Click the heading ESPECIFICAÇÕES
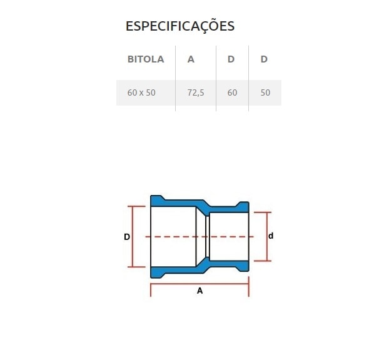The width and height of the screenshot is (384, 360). pos(180,26)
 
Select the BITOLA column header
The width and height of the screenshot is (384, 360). pos(146,59)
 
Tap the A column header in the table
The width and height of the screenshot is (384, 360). pos(191,59)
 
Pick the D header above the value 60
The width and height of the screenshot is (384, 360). pos(231,59)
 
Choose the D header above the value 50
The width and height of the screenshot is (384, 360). pos(264,59)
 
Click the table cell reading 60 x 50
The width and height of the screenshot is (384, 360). pos(141,92)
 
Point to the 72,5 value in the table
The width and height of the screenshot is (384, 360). pos(196,92)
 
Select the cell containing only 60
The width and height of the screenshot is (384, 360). pos(233,92)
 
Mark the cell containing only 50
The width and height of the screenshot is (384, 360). pos(265,92)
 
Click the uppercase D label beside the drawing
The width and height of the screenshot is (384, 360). pos(126,237)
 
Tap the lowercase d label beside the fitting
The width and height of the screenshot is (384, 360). pos(271,236)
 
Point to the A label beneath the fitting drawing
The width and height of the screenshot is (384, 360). pos(200,291)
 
